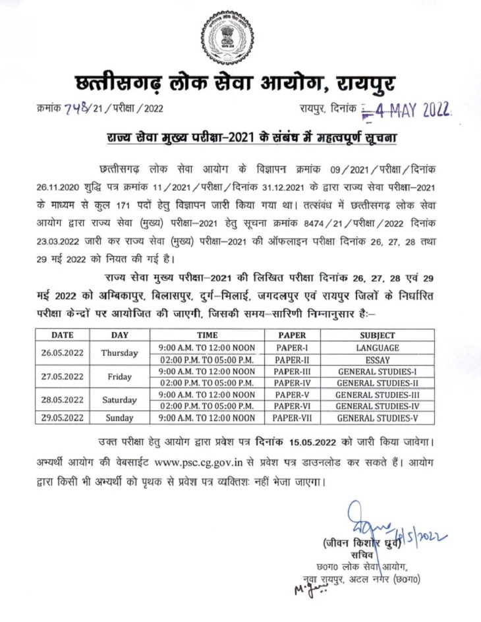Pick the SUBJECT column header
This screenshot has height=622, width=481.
point(377,334)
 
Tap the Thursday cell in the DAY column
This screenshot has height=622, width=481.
point(119,353)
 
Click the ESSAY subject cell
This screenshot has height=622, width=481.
point(377,359)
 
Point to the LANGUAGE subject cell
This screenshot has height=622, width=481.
point(377,347)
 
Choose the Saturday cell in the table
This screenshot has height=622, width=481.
point(119,400)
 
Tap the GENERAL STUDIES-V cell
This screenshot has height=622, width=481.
point(377,418)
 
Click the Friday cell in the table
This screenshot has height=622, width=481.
point(119,376)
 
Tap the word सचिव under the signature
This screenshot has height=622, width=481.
point(362,555)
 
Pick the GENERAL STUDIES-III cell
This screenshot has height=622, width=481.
point(377,394)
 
